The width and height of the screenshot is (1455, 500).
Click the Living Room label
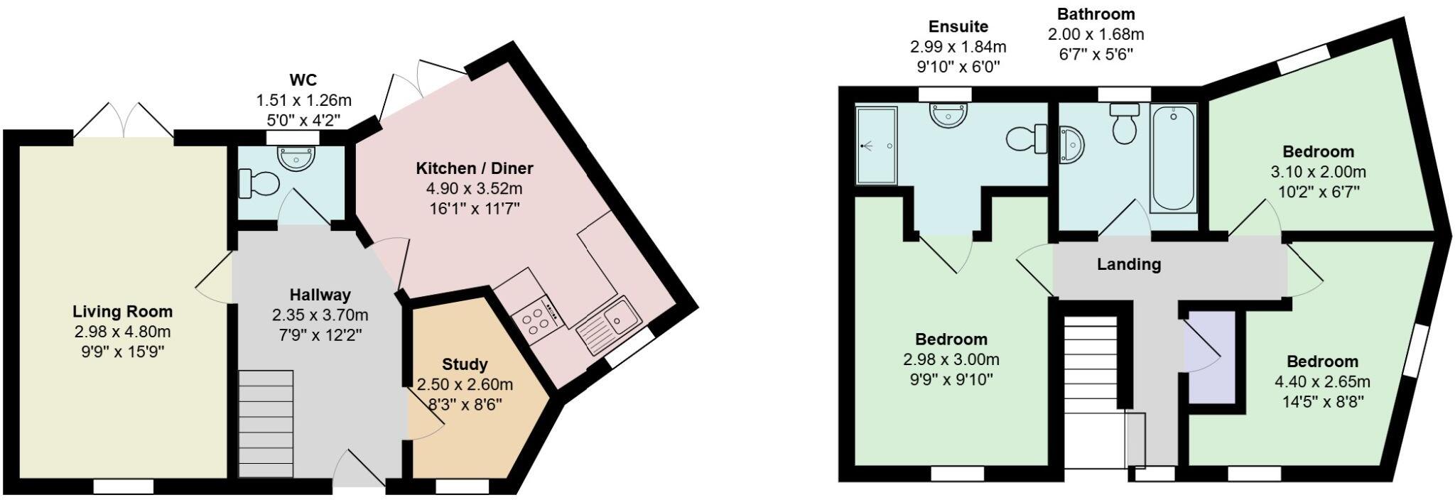tap(122, 311)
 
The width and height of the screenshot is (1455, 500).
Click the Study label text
tap(465, 364)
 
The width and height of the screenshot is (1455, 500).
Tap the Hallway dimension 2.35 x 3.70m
tap(320, 315)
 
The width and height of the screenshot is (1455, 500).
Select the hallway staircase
tap(266, 423)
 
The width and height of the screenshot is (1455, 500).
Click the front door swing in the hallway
tap(362, 469)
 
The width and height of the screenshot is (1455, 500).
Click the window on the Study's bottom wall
tap(462, 487)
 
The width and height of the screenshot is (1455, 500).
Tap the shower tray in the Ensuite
tap(877, 146)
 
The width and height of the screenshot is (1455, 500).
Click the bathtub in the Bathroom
tap(1174, 157)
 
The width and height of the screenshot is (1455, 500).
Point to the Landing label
tap(1129, 264)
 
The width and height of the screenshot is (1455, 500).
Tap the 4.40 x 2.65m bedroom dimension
tap(1322, 381)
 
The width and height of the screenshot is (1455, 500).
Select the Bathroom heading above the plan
tap(1096, 13)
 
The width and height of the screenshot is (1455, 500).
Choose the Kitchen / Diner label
tap(474, 168)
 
